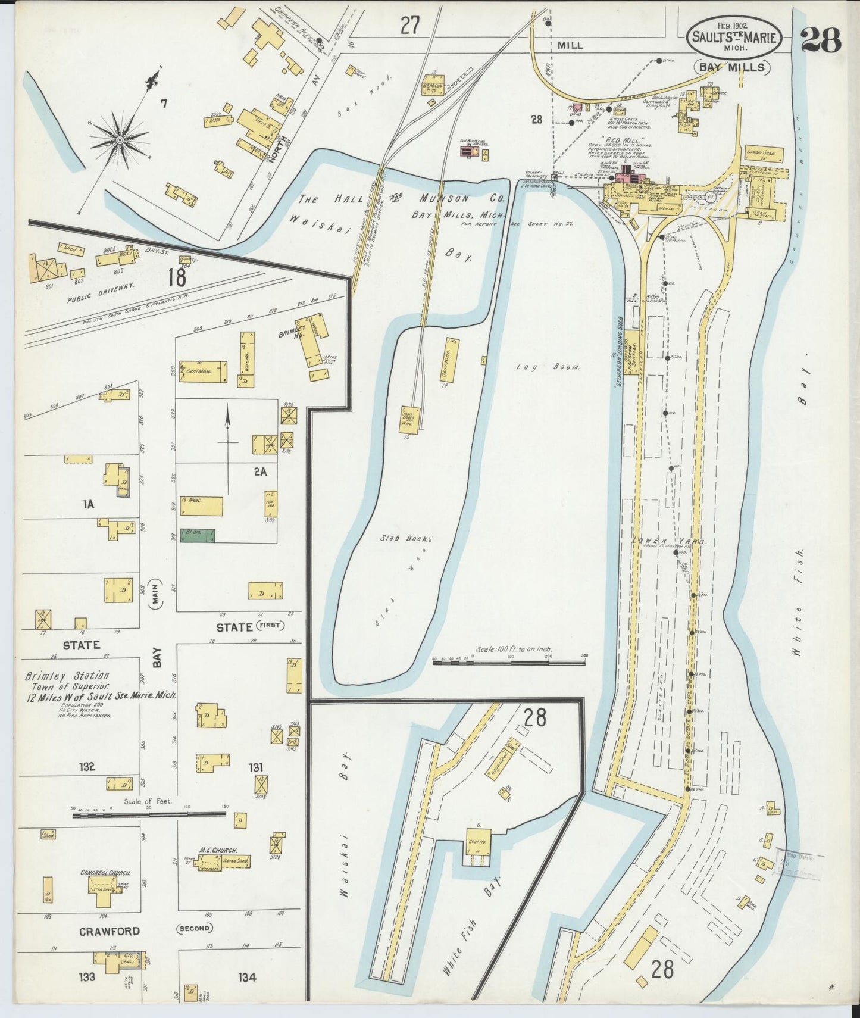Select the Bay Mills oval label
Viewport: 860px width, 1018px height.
733,67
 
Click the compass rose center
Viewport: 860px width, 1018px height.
120,139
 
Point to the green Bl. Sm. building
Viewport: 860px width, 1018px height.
198,536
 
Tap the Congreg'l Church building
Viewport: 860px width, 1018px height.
105,891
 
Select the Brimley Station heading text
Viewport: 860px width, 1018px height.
67,676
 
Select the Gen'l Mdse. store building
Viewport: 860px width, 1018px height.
203,371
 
